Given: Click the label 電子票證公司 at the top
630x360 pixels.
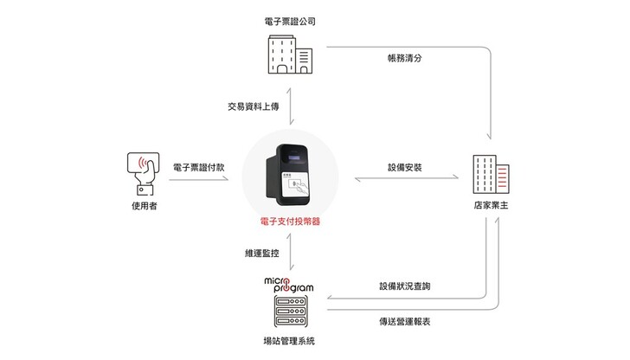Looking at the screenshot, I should coord(291,18).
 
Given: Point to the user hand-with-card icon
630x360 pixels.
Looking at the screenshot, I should coord(145,171).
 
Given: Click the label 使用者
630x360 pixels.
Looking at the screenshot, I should coord(144,207).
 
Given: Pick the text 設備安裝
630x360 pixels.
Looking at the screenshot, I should coord(404,166).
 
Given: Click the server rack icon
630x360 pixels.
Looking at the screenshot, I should coord(291,312).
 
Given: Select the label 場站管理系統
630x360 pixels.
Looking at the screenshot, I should coord(291,341).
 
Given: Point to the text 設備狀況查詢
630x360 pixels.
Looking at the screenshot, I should coord(404,286).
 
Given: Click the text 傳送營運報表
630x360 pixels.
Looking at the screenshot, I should coord(404,321).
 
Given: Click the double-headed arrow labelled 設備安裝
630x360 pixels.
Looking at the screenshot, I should coord(408,180).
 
